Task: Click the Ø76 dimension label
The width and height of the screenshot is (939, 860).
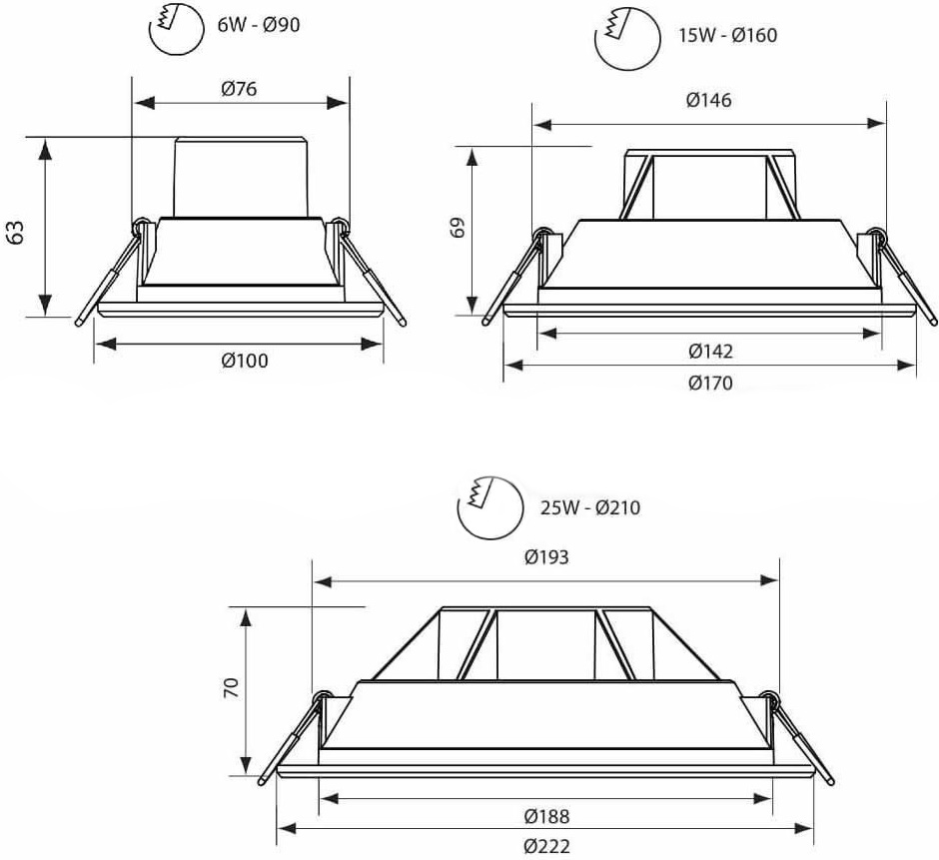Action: (239, 89)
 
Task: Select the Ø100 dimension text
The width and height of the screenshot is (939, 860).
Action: (245, 361)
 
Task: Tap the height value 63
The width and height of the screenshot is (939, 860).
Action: (15, 233)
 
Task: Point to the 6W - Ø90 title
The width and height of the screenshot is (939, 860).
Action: (259, 25)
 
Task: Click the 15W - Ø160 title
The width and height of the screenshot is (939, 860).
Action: (727, 35)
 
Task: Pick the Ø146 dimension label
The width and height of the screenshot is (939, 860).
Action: (709, 100)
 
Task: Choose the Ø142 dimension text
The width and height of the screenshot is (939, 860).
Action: (711, 351)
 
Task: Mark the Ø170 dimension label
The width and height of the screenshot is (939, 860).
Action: (711, 383)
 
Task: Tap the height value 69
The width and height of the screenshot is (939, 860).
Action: (458, 228)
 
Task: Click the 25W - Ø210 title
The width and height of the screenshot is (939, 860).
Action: (590, 507)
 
